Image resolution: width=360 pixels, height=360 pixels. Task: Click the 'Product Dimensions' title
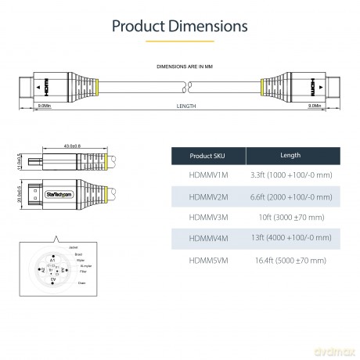click(x=180, y=26)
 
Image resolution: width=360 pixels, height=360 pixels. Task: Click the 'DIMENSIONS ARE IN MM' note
click(x=180, y=69)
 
